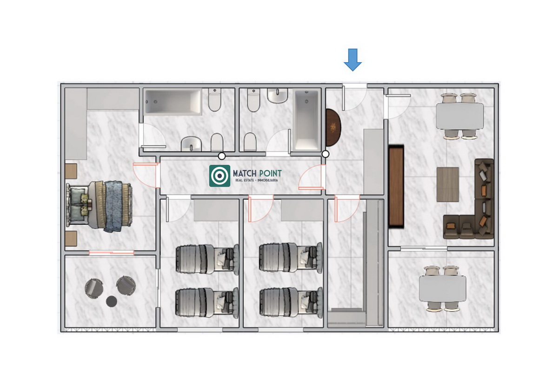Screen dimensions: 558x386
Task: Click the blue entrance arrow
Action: tap(353, 60)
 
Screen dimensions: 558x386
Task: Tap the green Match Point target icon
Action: tap(219, 176)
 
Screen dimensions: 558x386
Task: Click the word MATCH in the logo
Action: tap(245, 173)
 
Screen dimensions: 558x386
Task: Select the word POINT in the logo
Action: tap(271, 173)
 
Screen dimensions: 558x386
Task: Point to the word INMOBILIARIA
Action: tap(267, 180)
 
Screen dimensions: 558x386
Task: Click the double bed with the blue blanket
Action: tap(99, 206)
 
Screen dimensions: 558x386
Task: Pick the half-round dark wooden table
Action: tap(333, 128)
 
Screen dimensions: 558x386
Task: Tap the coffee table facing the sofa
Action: tap(448, 184)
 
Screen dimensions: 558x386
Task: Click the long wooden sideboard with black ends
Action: tap(396, 186)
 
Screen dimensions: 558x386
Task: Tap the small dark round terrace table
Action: tap(111, 301)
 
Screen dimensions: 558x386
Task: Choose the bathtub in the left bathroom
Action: tap(173, 102)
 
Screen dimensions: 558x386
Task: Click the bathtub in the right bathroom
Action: tap(306, 120)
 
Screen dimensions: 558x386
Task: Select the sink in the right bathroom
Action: tap(278, 96)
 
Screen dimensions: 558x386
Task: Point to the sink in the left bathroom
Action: tap(191, 144)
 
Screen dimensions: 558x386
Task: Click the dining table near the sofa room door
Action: tap(459, 116)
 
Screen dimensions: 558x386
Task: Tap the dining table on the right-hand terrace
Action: tap(442, 289)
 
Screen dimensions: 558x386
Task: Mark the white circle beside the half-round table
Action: tap(325, 154)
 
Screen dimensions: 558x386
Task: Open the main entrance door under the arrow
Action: tap(354, 97)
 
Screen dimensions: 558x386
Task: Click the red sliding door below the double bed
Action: tap(111, 253)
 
